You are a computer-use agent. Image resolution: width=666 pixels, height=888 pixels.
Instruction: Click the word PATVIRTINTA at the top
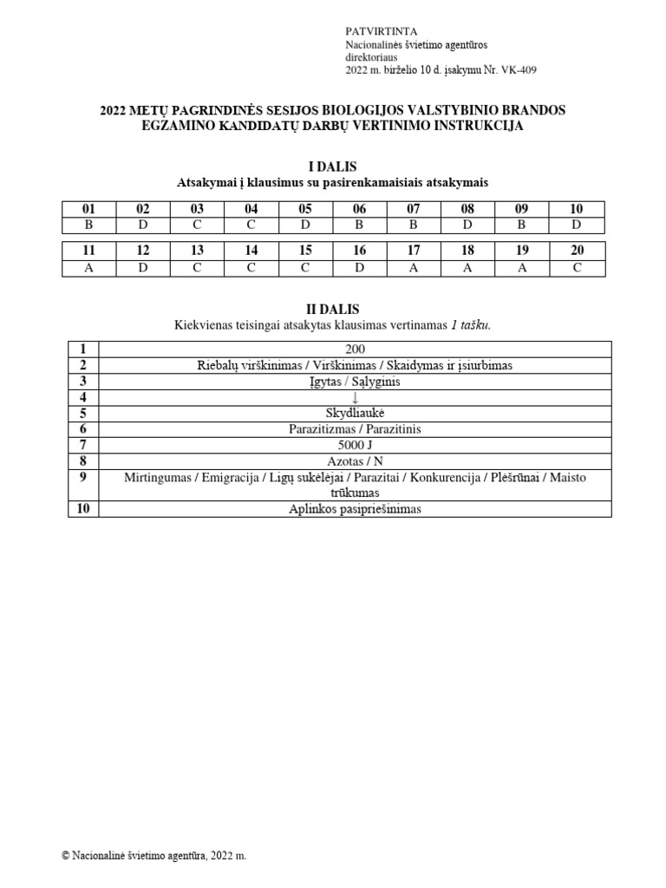pyautogui.click(x=375, y=31)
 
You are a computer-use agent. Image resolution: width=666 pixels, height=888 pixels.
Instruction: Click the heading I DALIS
pyautogui.click(x=333, y=166)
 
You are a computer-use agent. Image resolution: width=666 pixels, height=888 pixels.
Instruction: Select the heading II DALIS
pyautogui.click(x=333, y=310)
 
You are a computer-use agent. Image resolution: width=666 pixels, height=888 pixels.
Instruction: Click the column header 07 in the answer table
pyautogui.click(x=414, y=209)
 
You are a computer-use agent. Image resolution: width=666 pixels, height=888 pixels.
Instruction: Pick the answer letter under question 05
pyautogui.click(x=305, y=225)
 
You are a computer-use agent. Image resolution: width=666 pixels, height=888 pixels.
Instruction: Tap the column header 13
pyautogui.click(x=197, y=251)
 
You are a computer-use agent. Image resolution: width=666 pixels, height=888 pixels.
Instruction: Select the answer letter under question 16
pyautogui.click(x=360, y=267)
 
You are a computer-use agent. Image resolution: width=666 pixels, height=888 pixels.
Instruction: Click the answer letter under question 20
pyautogui.click(x=577, y=267)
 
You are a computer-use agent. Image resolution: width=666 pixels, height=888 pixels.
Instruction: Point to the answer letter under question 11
pyautogui.click(x=88, y=267)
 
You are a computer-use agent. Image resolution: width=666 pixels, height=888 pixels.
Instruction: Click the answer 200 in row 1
pyautogui.click(x=355, y=349)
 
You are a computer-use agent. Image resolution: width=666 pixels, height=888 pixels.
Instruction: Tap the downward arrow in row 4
pyautogui.click(x=355, y=397)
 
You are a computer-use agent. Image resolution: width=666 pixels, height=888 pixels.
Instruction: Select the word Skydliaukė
pyautogui.click(x=355, y=413)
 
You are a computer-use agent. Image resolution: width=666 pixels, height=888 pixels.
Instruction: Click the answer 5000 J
pyautogui.click(x=355, y=445)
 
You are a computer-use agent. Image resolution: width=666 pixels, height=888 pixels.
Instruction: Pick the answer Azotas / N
pyautogui.click(x=355, y=461)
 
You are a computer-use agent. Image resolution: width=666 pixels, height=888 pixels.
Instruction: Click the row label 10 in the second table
pyautogui.click(x=83, y=509)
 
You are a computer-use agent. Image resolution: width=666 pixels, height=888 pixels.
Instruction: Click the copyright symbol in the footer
pyautogui.click(x=66, y=855)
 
